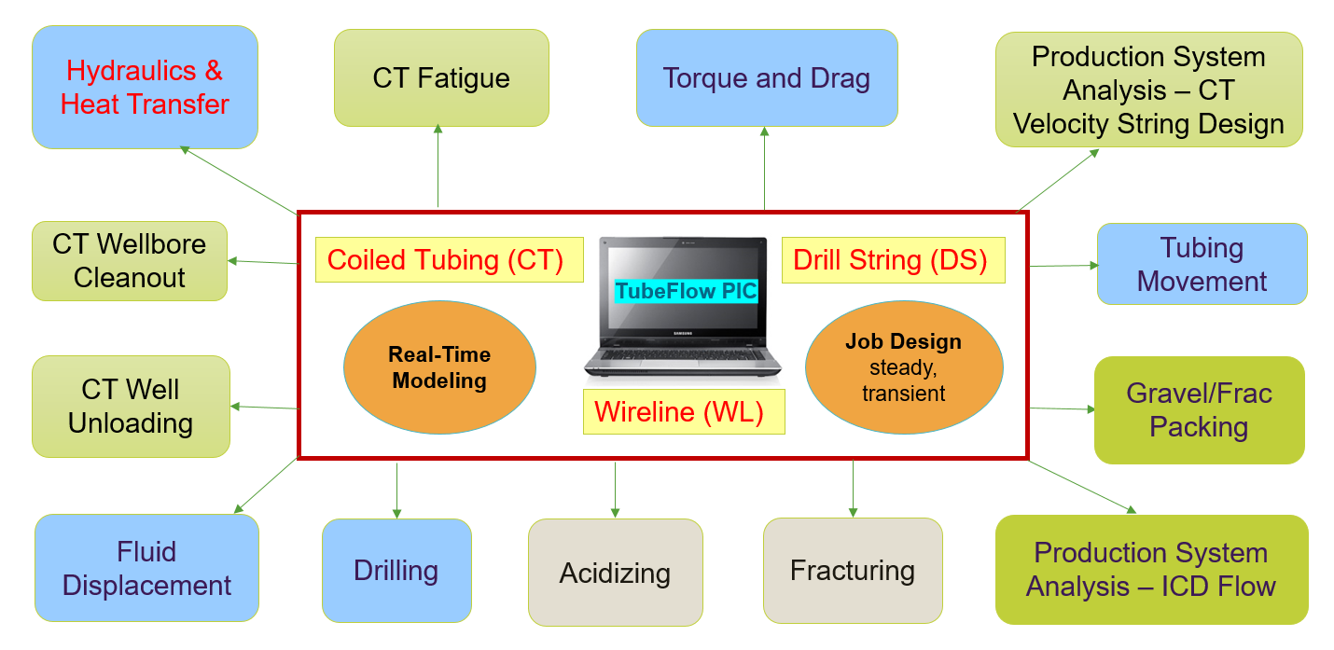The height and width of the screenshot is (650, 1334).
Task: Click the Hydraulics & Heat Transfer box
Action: (x=145, y=87)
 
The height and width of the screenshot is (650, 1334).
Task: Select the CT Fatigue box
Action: (x=441, y=77)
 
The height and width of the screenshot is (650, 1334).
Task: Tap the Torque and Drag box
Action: (x=767, y=77)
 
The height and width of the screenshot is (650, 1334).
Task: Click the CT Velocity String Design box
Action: (x=1148, y=90)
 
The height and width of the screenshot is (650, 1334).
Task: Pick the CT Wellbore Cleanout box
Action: (x=130, y=261)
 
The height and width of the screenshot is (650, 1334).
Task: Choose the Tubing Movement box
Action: (x=1202, y=264)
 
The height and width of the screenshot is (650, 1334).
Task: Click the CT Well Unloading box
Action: (x=131, y=407)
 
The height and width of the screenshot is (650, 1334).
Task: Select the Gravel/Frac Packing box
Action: (x=1199, y=409)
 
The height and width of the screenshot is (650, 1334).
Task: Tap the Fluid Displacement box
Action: (x=146, y=568)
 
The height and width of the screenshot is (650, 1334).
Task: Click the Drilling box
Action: (x=396, y=570)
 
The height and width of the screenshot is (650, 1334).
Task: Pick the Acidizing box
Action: (x=615, y=573)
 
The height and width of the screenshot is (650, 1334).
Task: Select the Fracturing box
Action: (x=853, y=570)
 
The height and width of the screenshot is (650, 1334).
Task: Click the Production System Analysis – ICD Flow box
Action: (x=1151, y=569)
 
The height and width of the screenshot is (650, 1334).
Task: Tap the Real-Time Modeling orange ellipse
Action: (x=439, y=367)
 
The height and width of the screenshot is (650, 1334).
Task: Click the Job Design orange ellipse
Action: (x=903, y=366)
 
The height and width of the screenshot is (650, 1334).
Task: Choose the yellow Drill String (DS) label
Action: (x=891, y=259)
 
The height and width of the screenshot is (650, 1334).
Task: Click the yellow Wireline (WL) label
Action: (x=684, y=411)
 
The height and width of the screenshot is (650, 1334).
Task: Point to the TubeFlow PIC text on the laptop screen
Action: (x=686, y=292)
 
